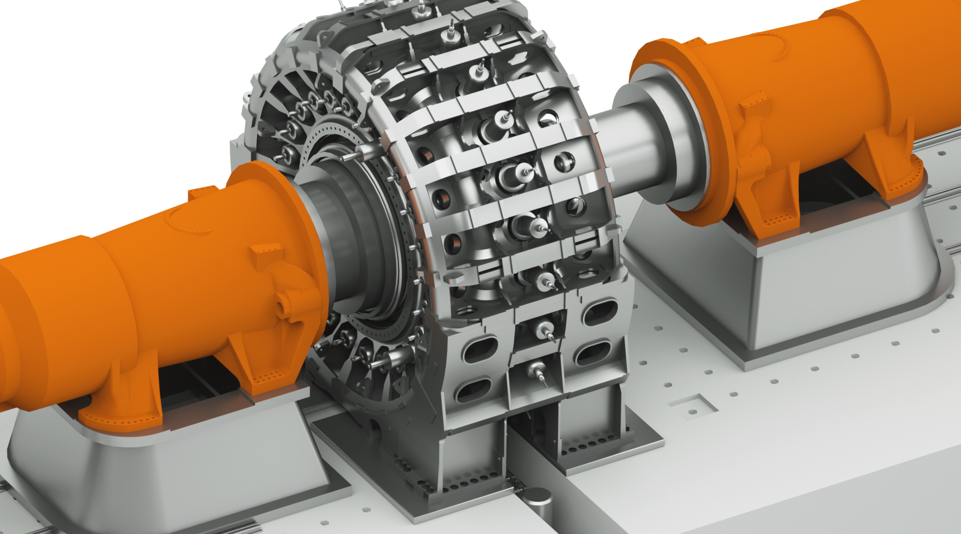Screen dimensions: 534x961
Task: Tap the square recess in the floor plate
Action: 694,405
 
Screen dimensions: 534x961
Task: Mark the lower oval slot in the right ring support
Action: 593,353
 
